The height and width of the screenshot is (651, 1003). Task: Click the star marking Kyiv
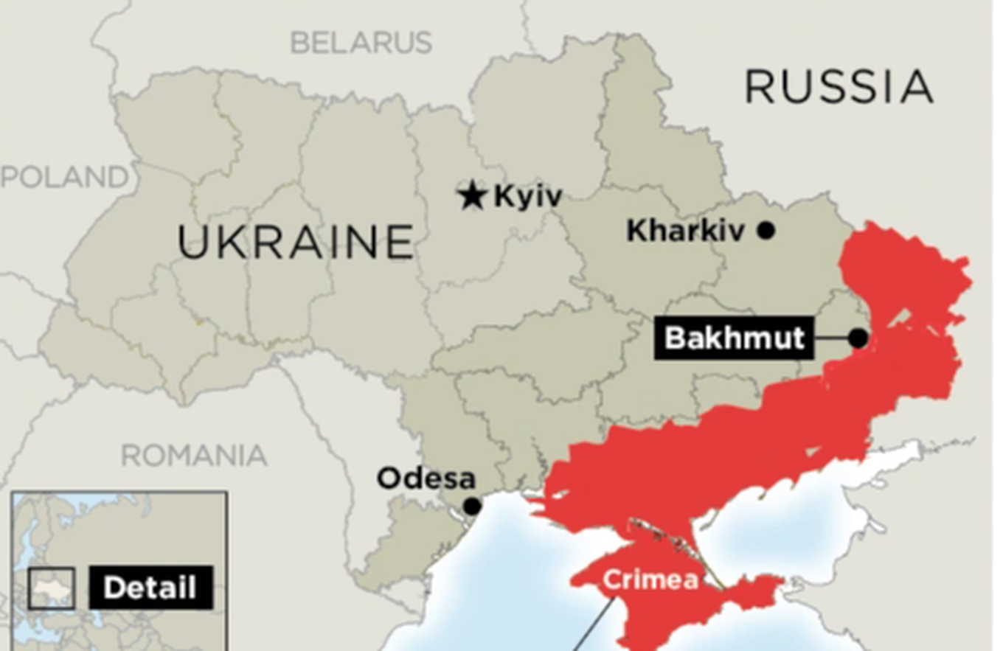point(472,195)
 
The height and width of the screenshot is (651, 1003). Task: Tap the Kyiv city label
point(527,197)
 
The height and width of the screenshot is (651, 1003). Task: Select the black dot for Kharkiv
point(766,231)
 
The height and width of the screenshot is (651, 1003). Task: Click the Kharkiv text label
point(685,231)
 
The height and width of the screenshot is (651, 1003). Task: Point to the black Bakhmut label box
point(734,338)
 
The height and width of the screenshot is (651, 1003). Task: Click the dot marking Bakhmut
point(858,338)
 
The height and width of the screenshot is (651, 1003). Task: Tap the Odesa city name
point(426,478)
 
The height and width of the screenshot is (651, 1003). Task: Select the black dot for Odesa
point(472,506)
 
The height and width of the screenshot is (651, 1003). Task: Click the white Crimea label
point(650,580)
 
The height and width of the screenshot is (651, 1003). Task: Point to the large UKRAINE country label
point(295,242)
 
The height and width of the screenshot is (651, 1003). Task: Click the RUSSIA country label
point(839,87)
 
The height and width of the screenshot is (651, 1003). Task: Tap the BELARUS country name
point(361,43)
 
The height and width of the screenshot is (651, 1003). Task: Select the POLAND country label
point(65,177)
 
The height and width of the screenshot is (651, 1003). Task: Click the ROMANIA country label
point(194,456)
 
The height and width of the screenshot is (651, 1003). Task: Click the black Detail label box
point(150,588)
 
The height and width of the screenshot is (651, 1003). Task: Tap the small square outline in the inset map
point(52,588)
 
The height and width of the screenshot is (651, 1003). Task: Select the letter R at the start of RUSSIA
point(760,87)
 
